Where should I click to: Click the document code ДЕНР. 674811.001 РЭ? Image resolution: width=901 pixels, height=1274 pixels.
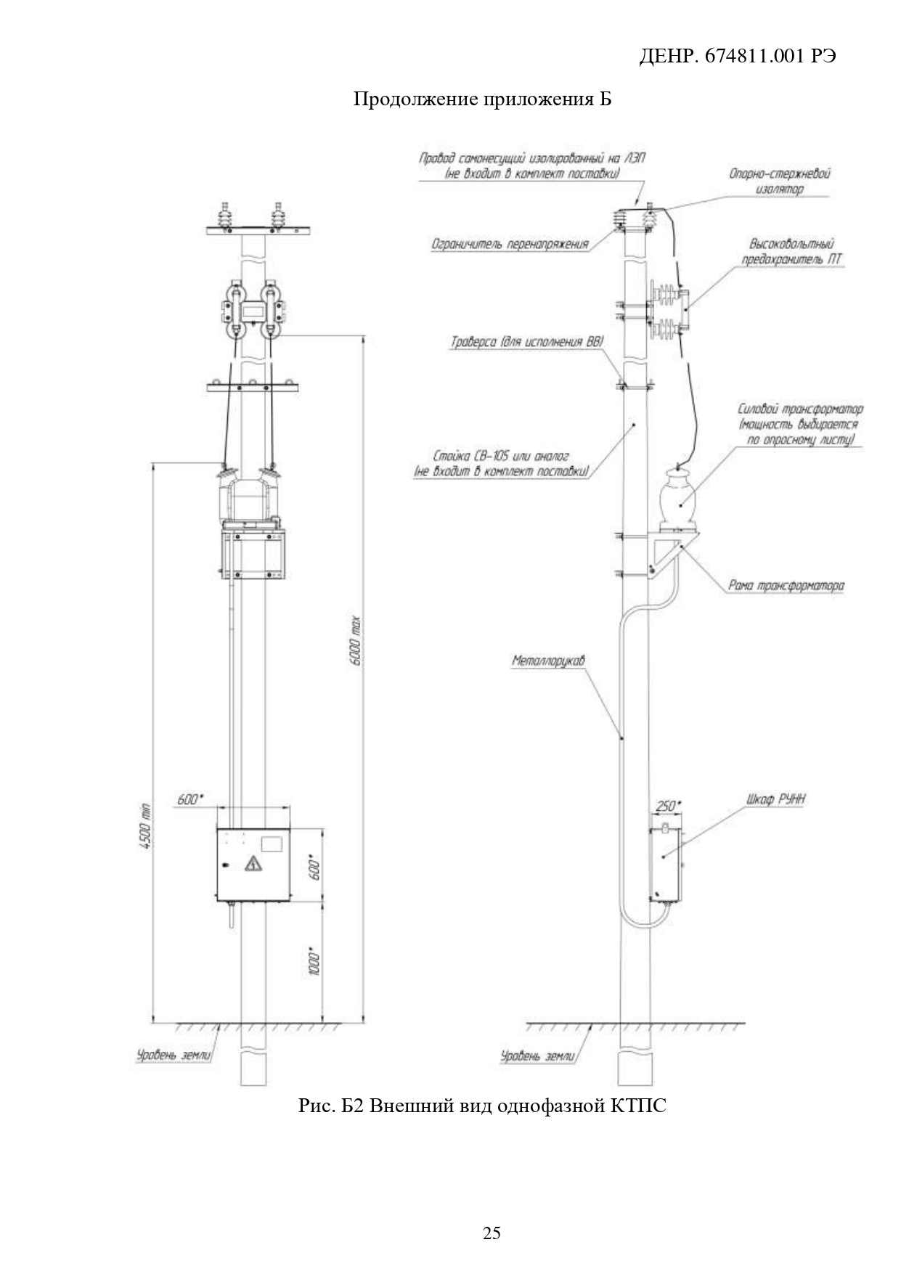737,56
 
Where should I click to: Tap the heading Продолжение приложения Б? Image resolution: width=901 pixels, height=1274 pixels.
482,99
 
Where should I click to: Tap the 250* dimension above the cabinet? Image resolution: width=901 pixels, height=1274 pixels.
668,806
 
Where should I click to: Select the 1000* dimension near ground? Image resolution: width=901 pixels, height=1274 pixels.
313,960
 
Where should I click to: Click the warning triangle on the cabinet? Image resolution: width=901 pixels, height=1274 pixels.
253,864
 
